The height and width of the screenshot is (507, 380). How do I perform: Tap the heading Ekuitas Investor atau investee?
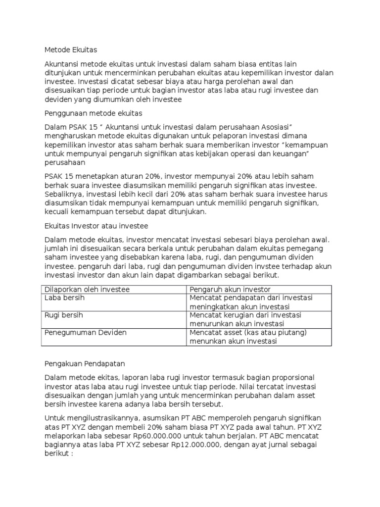pos(96,226)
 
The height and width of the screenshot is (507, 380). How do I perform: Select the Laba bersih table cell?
pos(62,298)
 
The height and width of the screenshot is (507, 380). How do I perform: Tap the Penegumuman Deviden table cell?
pos(85,332)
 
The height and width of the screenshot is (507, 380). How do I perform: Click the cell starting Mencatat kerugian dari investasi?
pos(245,319)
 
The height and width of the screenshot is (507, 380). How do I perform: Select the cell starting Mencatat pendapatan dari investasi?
pos(251,302)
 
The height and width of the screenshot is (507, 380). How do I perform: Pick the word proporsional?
pos(291,378)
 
